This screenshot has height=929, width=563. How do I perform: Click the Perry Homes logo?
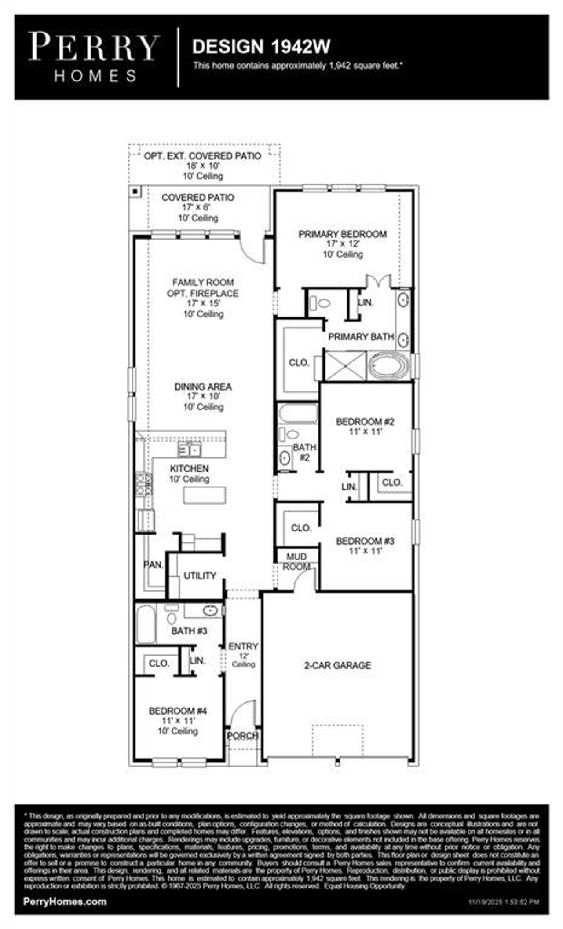pos(93,57)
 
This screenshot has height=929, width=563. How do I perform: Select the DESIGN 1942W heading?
pos(261,47)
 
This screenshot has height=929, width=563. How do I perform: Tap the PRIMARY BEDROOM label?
pos(342,234)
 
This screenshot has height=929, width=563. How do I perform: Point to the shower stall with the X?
pos(344,365)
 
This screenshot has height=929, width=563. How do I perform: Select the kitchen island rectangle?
pos(205,495)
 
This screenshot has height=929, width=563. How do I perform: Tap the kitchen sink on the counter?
pos(190,450)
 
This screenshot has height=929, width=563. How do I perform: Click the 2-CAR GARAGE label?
pos(337,665)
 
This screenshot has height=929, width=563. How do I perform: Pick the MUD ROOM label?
pos(296,562)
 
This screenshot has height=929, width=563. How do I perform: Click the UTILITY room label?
pos(200,575)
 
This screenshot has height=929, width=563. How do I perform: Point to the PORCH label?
pos(242,736)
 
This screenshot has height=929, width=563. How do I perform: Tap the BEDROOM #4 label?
pos(178,711)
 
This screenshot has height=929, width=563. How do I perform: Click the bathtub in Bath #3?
pos(145,624)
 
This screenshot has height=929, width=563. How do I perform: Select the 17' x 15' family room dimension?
pos(203,303)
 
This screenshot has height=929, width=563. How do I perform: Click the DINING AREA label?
pos(203,387)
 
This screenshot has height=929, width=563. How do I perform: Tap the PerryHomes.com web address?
pos(65,901)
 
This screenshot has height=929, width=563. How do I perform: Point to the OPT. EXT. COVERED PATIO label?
pos(202,156)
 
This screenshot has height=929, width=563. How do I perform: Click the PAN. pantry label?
pos(153,565)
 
